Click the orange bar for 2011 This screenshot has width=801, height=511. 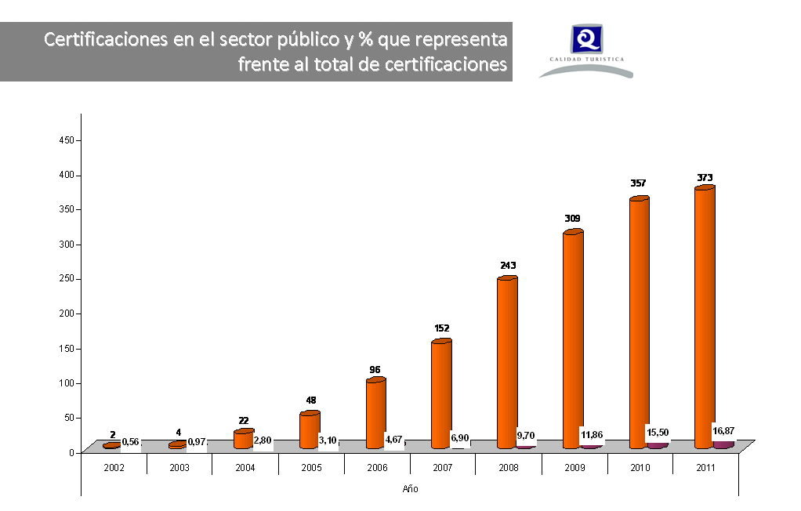[704, 317]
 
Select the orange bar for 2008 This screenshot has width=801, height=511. [506, 362]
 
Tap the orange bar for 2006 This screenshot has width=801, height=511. [375, 413]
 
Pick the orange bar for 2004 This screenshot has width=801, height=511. [244, 439]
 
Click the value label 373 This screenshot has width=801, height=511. [705, 178]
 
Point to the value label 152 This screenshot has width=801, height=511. [441, 328]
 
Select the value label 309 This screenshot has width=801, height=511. [573, 218]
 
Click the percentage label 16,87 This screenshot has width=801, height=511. [723, 430]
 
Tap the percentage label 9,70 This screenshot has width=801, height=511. [525, 435]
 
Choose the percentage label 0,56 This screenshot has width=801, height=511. [130, 442]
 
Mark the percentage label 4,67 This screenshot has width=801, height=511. [393, 440]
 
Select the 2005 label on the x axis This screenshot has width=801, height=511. [310, 467]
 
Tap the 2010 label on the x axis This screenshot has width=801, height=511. [640, 467]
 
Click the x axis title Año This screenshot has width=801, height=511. [410, 489]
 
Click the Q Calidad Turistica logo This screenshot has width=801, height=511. [585, 49]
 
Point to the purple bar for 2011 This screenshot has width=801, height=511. [723, 444]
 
